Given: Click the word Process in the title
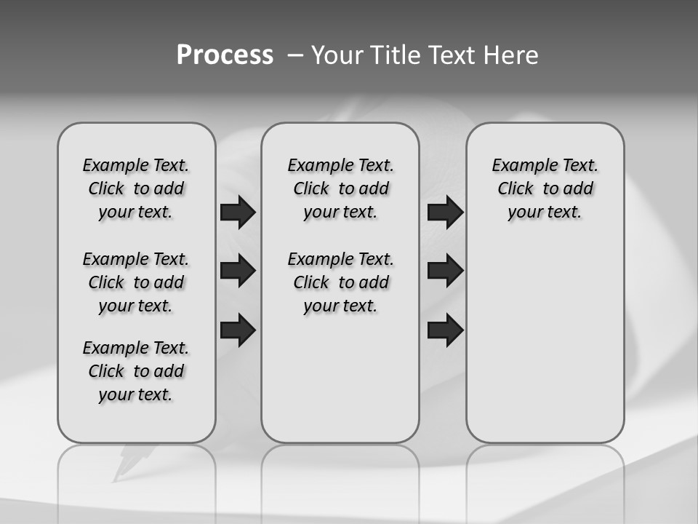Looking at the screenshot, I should pos(225,55).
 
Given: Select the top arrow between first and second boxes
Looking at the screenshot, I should pos(238,212).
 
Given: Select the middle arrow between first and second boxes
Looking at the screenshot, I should pos(238,271).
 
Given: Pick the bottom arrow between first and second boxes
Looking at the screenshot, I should pos(238,330).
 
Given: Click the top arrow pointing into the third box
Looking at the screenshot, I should pos(445,212).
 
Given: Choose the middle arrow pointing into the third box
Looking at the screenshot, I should pos(445,271).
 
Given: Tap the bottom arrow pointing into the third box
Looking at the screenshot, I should pos(445,330).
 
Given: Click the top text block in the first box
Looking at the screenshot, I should pos(136,188).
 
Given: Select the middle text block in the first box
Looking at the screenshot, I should pos(136,282).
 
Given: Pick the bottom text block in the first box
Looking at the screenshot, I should pos(136,371).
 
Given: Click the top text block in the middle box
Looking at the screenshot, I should pos(340,188).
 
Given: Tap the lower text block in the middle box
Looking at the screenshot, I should pos(340,282).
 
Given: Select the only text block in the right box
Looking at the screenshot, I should pos(545,188).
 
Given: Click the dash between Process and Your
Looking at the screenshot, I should pos(295,55).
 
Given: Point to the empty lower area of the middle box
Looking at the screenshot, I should pos(340,378).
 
